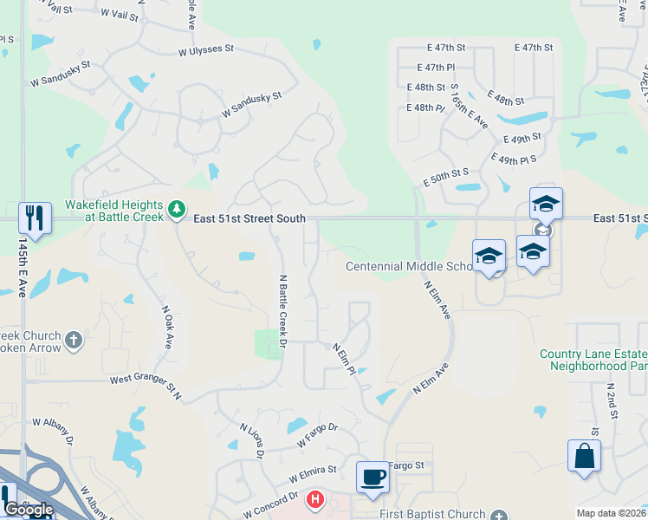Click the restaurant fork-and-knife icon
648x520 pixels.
tap(35, 217)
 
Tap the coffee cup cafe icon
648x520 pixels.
tap(373, 477)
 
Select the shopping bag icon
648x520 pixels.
tap(585, 456)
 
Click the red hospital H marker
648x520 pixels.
tap(315, 500)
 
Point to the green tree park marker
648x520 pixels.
tap(177, 209)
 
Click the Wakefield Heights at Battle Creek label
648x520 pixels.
tap(113, 211)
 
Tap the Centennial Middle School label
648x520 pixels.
tap(409, 266)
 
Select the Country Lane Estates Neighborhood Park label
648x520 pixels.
tap(593, 359)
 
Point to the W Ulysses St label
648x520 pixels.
tap(206, 51)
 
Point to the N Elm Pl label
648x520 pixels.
tap(345, 359)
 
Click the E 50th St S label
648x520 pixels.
tap(446, 178)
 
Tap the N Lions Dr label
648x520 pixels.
tap(251, 437)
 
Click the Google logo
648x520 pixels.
tap(29, 510)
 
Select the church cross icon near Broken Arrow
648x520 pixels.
tap(73, 341)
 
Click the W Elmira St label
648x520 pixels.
tap(313, 471)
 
